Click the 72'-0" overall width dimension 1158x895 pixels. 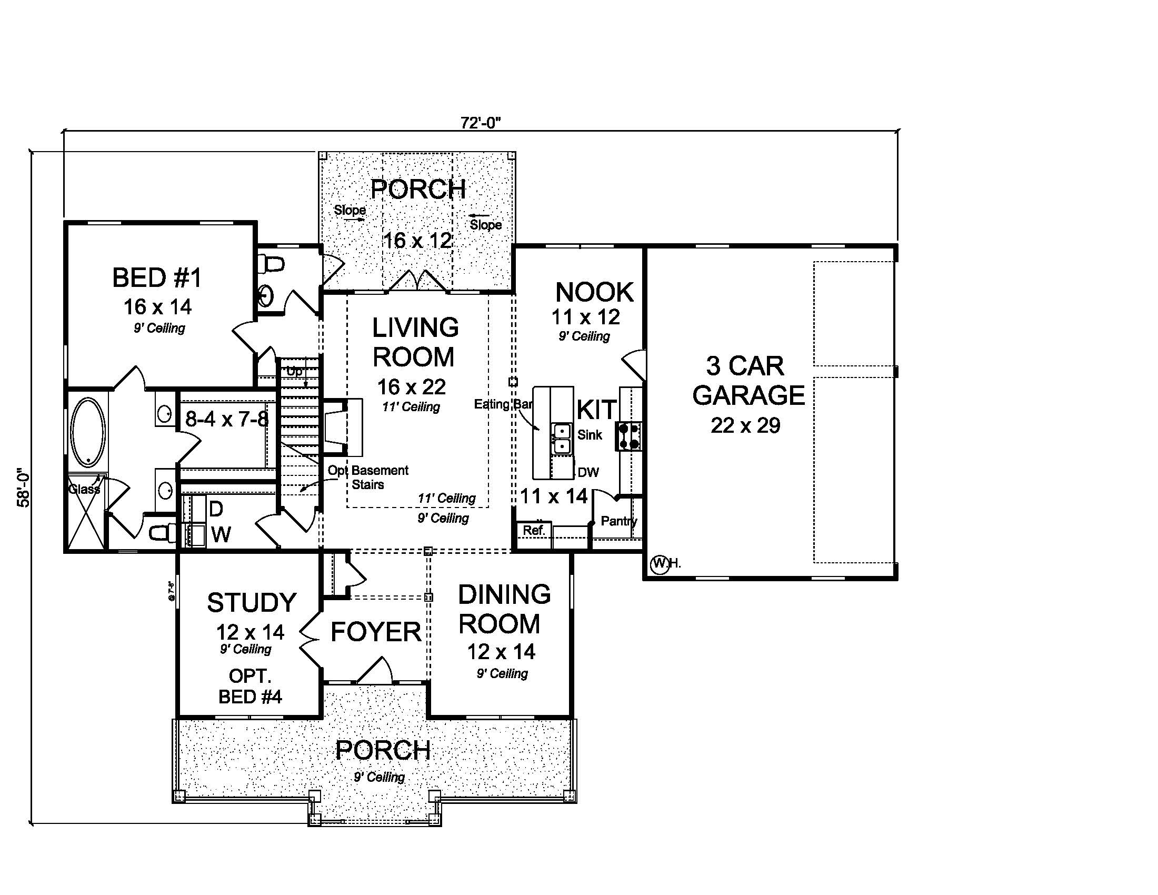[x=481, y=123]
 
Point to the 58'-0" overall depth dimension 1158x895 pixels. [x=24, y=487]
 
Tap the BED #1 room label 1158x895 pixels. [x=157, y=278]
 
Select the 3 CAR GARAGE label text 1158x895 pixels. [x=747, y=381]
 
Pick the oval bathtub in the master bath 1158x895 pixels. [x=88, y=432]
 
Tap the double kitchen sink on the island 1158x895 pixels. [x=561, y=439]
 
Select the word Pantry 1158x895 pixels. [x=619, y=521]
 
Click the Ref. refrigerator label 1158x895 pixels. [x=534, y=530]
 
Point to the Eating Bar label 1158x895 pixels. [x=503, y=404]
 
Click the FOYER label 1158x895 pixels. [x=375, y=632]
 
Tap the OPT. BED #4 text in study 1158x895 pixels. [x=250, y=686]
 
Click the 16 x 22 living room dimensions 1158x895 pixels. [x=412, y=387]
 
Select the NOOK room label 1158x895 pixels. [x=594, y=292]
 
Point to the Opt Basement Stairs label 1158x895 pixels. [x=368, y=477]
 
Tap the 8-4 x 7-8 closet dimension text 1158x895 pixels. [x=227, y=420]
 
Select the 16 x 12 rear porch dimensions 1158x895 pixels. [x=417, y=241]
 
